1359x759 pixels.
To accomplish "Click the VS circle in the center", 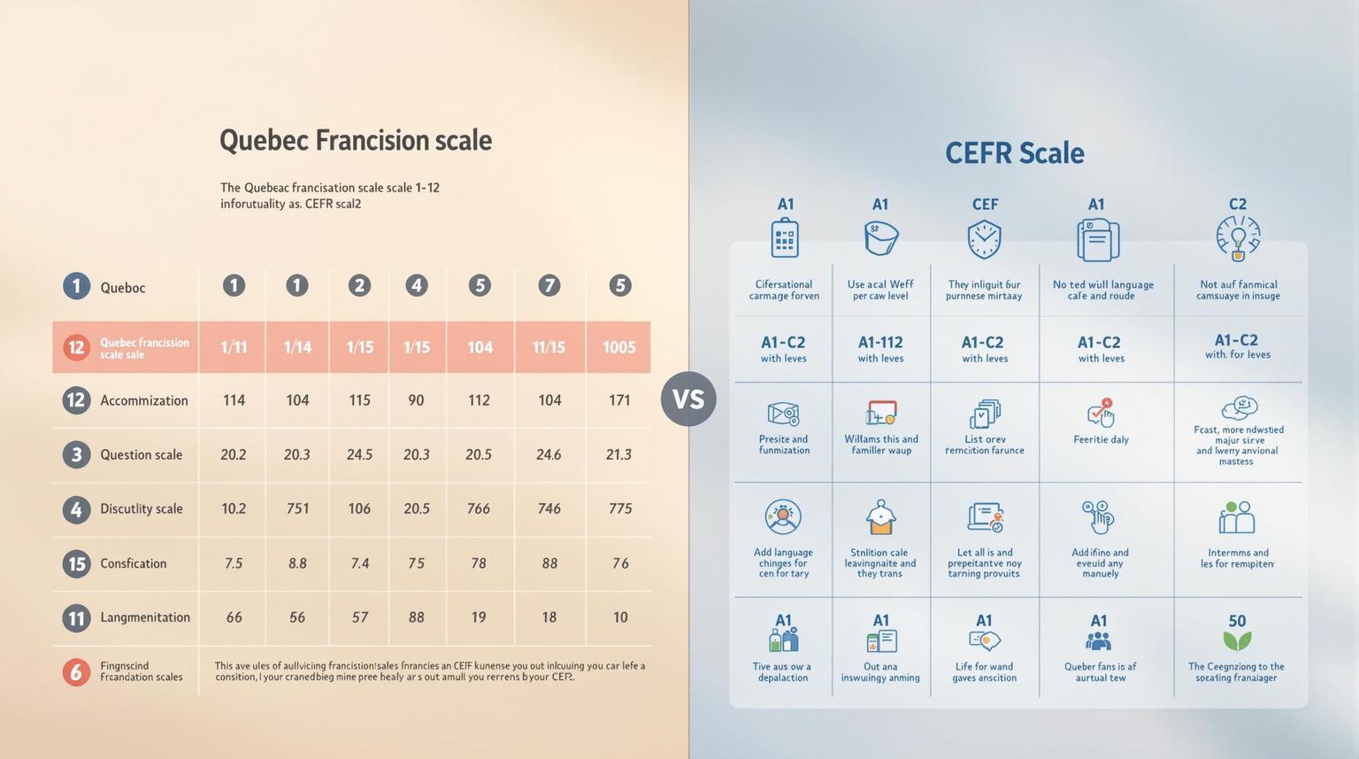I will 688,399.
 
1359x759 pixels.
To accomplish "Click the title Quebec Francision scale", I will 355,140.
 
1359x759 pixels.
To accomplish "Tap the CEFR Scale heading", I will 1014,152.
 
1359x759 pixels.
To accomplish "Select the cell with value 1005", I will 619,347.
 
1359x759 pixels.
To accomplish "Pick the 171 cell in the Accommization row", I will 619,400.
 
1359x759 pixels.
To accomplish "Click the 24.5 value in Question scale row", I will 359,454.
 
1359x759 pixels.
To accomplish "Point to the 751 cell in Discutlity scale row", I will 297,508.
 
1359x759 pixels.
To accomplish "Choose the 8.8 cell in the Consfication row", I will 297,563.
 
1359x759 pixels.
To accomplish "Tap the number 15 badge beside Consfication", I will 77,563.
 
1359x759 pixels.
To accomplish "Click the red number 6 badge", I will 77,671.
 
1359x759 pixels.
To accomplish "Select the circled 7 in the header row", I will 549,285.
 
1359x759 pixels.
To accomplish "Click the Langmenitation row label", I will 144,617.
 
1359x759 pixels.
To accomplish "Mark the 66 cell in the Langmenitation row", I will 234,617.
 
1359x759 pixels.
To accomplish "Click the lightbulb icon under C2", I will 1238,238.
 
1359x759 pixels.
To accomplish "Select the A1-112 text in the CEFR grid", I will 880,342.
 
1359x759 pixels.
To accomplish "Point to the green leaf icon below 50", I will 1237,641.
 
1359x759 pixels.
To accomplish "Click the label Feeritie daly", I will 1101,439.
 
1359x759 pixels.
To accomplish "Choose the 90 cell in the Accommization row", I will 416,400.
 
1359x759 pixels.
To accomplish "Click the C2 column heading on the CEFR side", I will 1237,204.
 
